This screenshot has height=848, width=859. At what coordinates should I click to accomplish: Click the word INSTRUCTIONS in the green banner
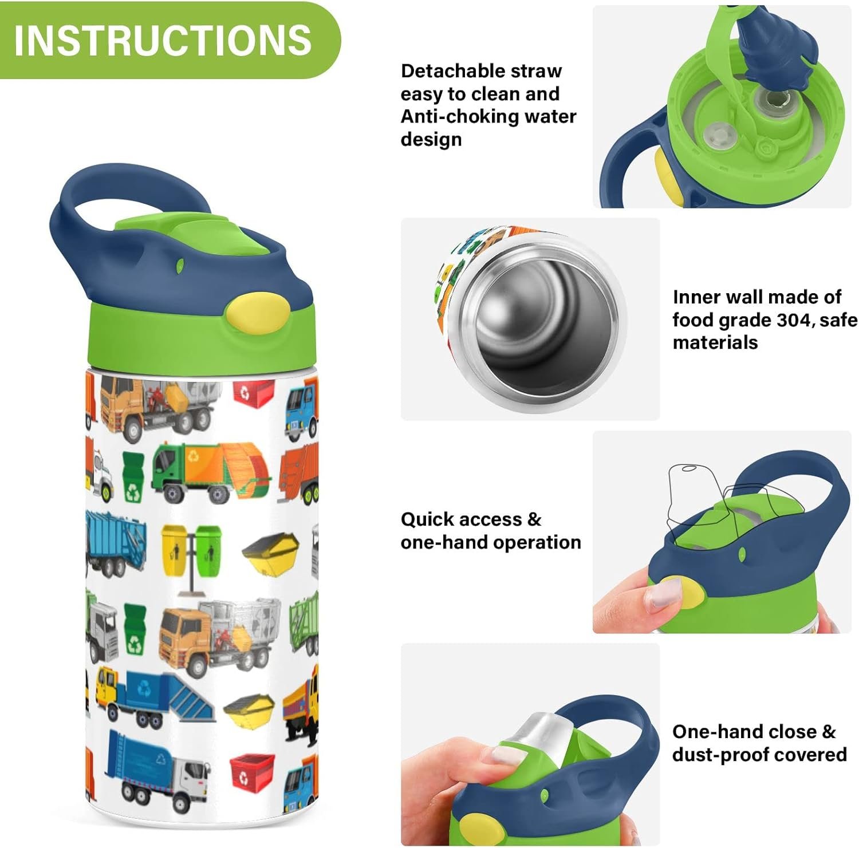(163, 40)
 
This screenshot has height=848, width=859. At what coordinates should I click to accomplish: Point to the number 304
(794, 320)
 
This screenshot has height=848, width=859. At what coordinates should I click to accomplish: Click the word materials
(715, 342)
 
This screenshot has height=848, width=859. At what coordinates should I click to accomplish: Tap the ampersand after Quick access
(534, 519)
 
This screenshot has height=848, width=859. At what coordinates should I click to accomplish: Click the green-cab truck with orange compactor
(211, 472)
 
